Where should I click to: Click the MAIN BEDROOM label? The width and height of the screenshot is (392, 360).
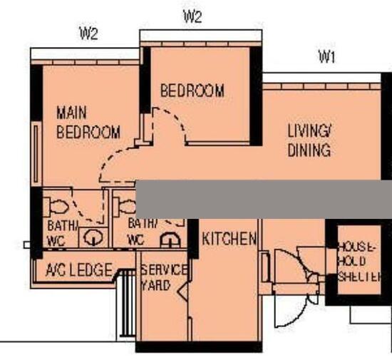coord(88,123)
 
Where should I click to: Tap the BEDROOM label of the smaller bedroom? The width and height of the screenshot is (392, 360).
coord(192,91)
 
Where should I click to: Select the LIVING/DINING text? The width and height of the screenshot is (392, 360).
coord(309,140)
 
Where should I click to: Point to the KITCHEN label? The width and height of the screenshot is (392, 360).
coord(228,239)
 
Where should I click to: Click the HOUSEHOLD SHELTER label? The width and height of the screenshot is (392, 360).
coord(359,262)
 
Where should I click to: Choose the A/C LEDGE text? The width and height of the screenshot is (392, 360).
coord(78,270)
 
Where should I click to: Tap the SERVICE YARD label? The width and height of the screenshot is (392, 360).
coord(163,278)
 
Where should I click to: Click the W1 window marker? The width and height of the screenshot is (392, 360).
coord(326,58)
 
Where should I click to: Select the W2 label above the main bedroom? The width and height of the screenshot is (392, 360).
coord(88,34)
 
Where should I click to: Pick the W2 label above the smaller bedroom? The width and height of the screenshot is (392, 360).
coord(192,16)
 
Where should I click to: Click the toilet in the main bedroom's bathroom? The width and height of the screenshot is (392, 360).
coord(56,207)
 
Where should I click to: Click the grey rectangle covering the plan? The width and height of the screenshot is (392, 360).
coord(264,199)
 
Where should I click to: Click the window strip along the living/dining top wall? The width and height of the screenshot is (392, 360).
coord(321,86)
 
